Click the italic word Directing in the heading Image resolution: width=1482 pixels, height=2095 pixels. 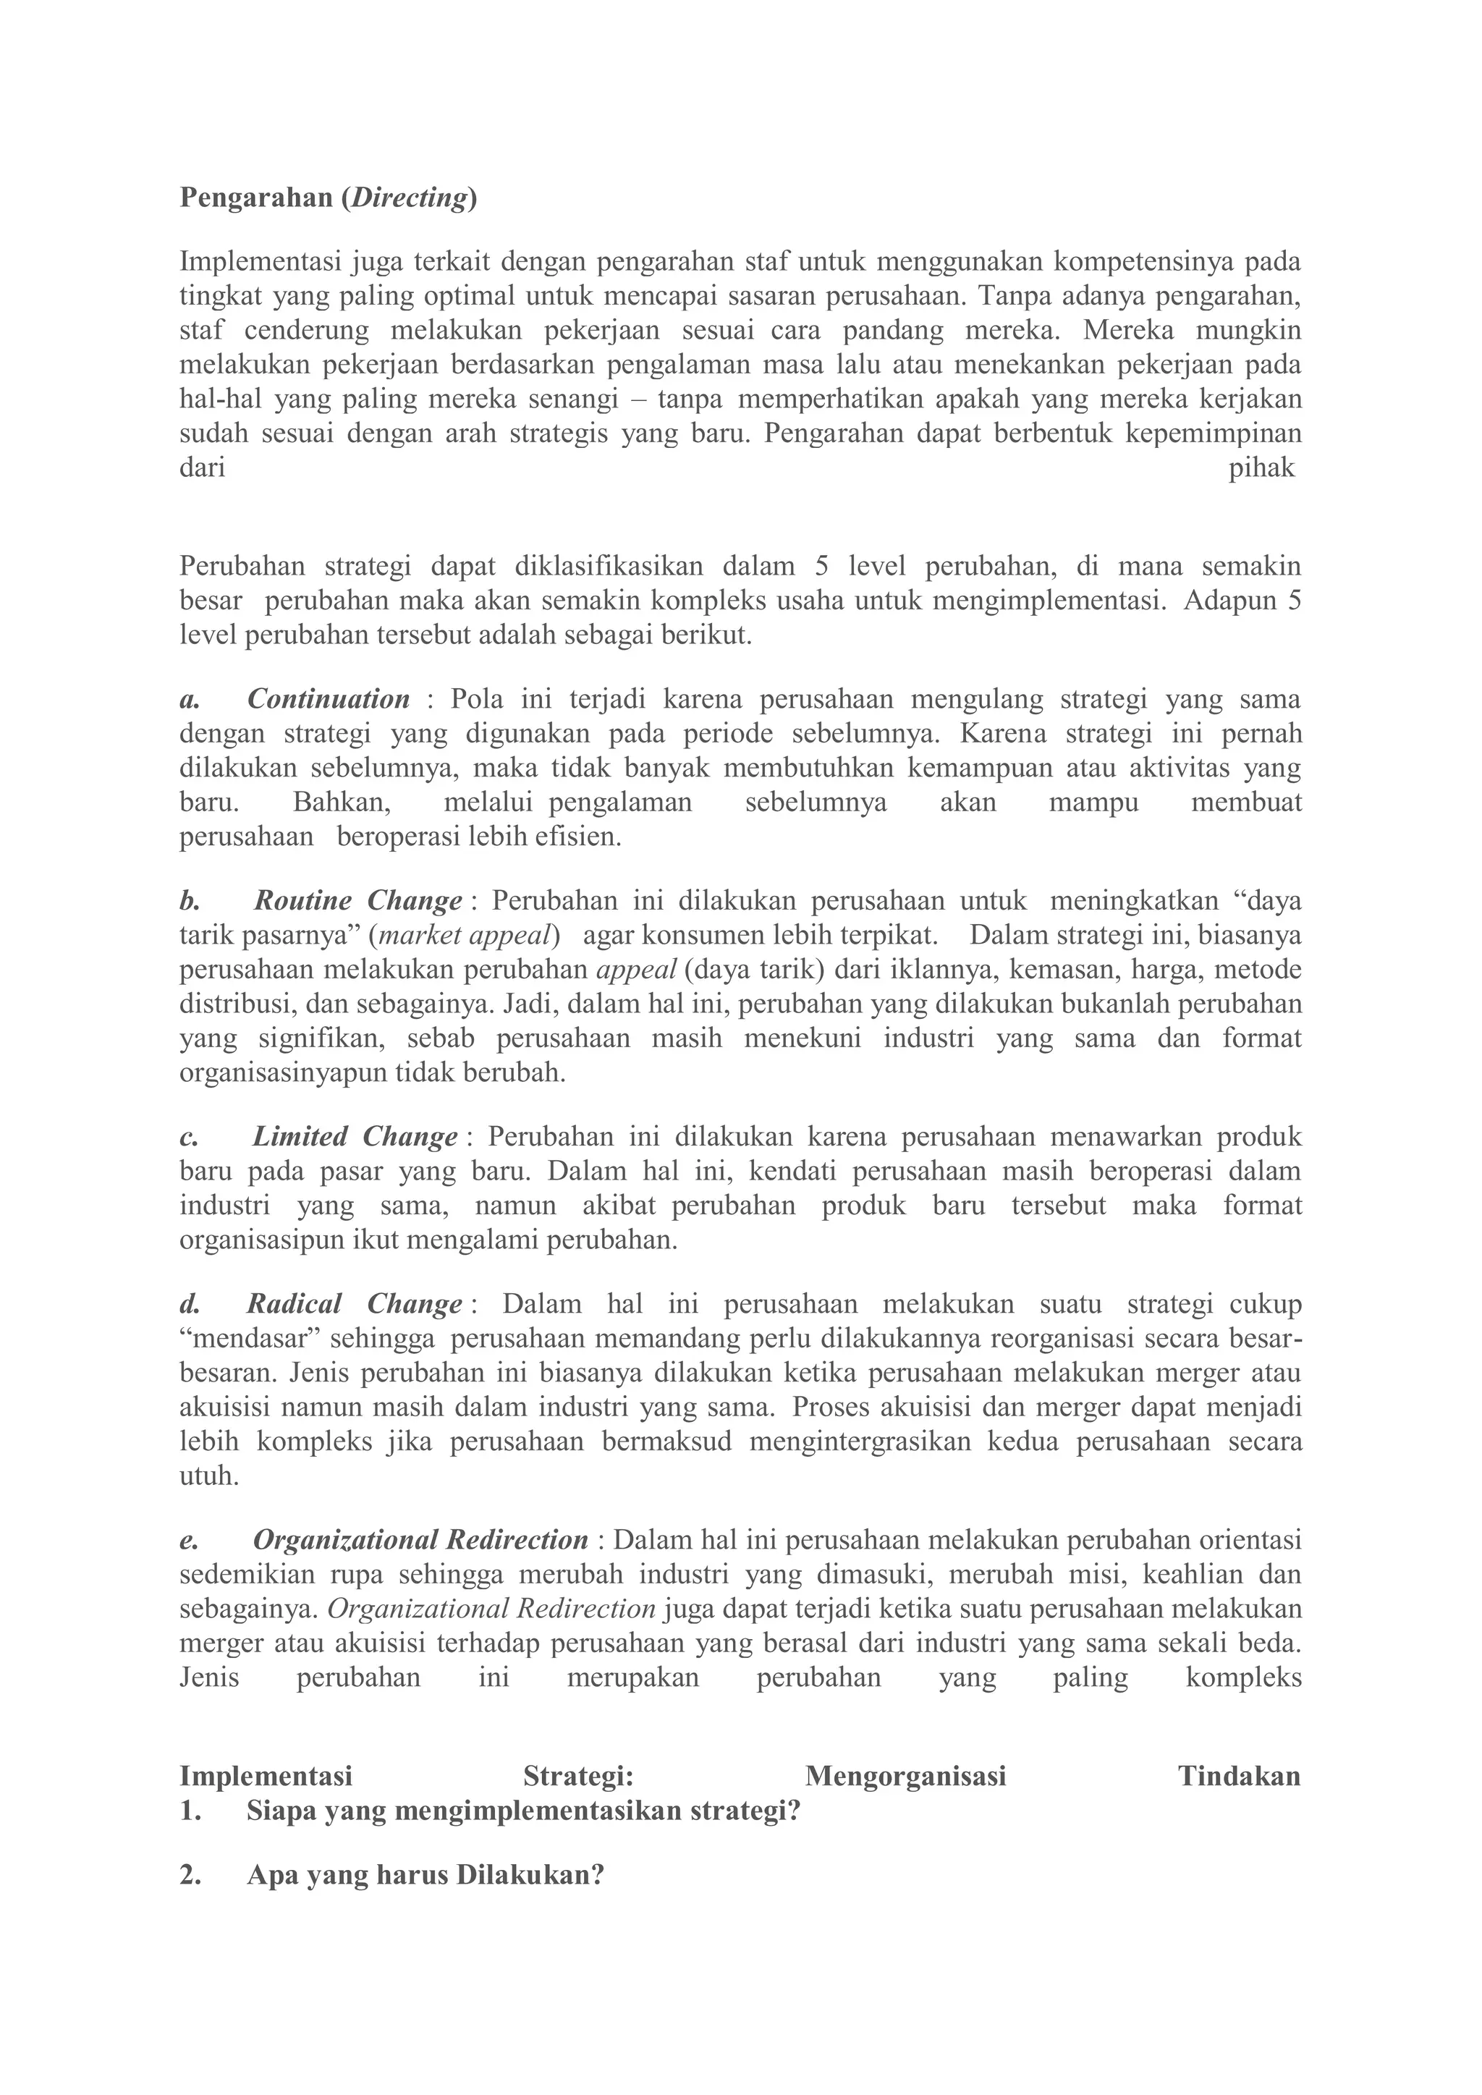pos(410,198)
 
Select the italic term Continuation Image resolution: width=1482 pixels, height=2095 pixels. pos(329,699)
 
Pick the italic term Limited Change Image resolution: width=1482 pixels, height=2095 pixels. pos(355,1137)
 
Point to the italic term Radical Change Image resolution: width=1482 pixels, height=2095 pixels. pos(354,1304)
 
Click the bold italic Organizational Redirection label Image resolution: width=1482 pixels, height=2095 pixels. pos(420,1540)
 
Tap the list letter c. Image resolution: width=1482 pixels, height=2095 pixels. pos(188,1138)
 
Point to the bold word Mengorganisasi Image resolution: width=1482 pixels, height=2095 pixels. pos(905,1776)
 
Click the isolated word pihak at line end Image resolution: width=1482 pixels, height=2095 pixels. pos(1261,468)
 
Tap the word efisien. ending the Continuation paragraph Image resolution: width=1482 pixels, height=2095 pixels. pos(579,837)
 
